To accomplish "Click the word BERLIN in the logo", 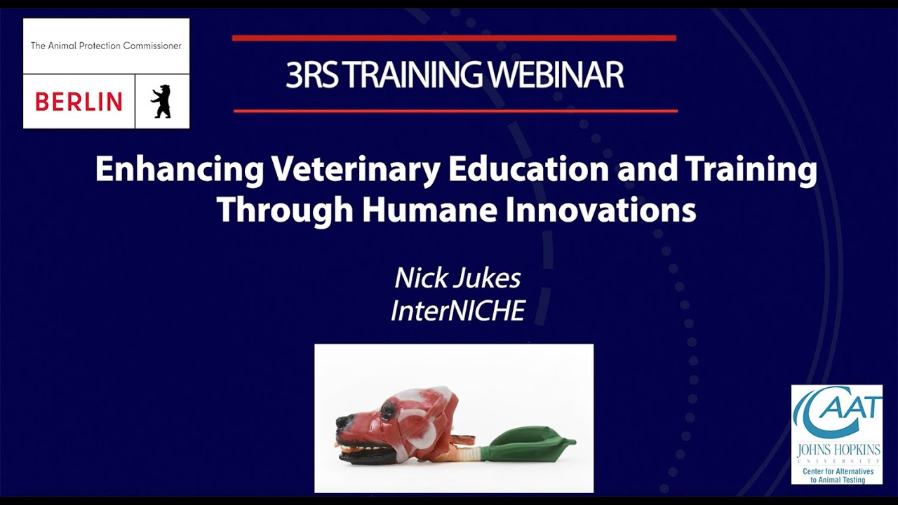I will pos(79,102).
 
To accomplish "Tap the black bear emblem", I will pos(161,101).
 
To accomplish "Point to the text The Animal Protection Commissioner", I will pos(106,46).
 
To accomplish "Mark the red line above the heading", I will pos(454,38).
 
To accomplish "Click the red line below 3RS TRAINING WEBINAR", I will pos(455,111).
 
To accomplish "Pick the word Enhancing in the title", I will pos(180,170).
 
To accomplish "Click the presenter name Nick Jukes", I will pos(457,278).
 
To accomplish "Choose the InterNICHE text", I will pos(457,311).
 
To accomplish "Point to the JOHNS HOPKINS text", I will pos(836,449).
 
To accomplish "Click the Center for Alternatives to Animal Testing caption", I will pos(837,475).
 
